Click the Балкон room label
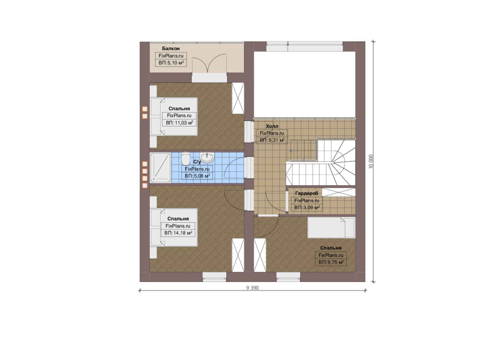coord(171,48)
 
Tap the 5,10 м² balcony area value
coord(171,63)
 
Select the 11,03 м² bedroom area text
coord(179,123)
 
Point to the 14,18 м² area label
coord(178,233)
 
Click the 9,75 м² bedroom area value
coord(331,262)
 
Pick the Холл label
coord(272,126)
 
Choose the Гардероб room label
coord(306,193)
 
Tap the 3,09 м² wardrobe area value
coord(307,208)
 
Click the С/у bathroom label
coord(197,162)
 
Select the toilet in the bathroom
coord(186,158)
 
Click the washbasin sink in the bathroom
coord(207,157)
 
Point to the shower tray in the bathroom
coord(160,168)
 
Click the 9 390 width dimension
coord(252,288)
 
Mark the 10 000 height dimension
coord(371,161)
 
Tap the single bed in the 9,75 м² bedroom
coord(331,227)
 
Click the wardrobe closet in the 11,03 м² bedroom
coord(238,98)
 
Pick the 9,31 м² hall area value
coord(272,140)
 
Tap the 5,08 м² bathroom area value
coord(197,176)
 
